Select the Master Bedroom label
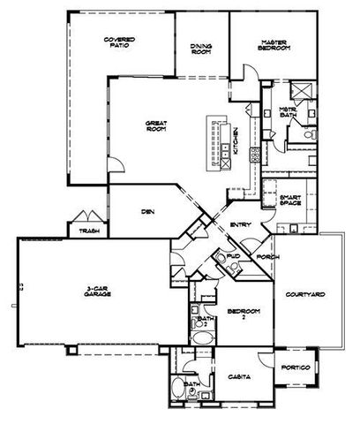click(x=276, y=44)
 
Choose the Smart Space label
click(x=292, y=201)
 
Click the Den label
click(x=148, y=212)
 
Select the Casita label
click(x=236, y=377)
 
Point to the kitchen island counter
click(x=214, y=145)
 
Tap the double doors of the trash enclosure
click(x=85, y=218)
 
